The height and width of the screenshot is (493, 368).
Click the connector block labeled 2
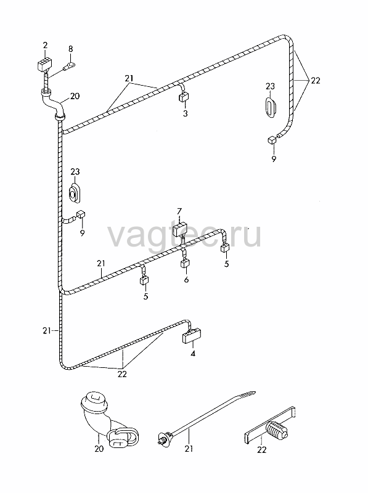[43, 64]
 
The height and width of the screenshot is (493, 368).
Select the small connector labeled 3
[184, 97]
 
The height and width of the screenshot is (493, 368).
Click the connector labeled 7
[180, 230]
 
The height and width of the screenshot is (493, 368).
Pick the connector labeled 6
[185, 263]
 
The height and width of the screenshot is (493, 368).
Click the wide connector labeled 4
[192, 336]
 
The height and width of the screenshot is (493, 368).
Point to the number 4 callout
[193, 354]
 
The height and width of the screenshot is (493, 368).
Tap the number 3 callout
[186, 113]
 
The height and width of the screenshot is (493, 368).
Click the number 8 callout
[70, 49]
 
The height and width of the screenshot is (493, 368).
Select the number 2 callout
[45, 45]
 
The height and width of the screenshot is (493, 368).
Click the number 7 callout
[179, 211]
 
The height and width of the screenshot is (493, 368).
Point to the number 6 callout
[186, 280]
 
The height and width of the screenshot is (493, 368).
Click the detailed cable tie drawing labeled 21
[206, 417]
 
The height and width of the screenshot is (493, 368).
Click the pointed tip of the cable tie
[255, 392]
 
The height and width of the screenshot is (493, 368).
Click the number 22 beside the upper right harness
[316, 81]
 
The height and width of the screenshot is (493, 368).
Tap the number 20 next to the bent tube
[75, 96]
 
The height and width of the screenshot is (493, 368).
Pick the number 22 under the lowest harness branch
[122, 374]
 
